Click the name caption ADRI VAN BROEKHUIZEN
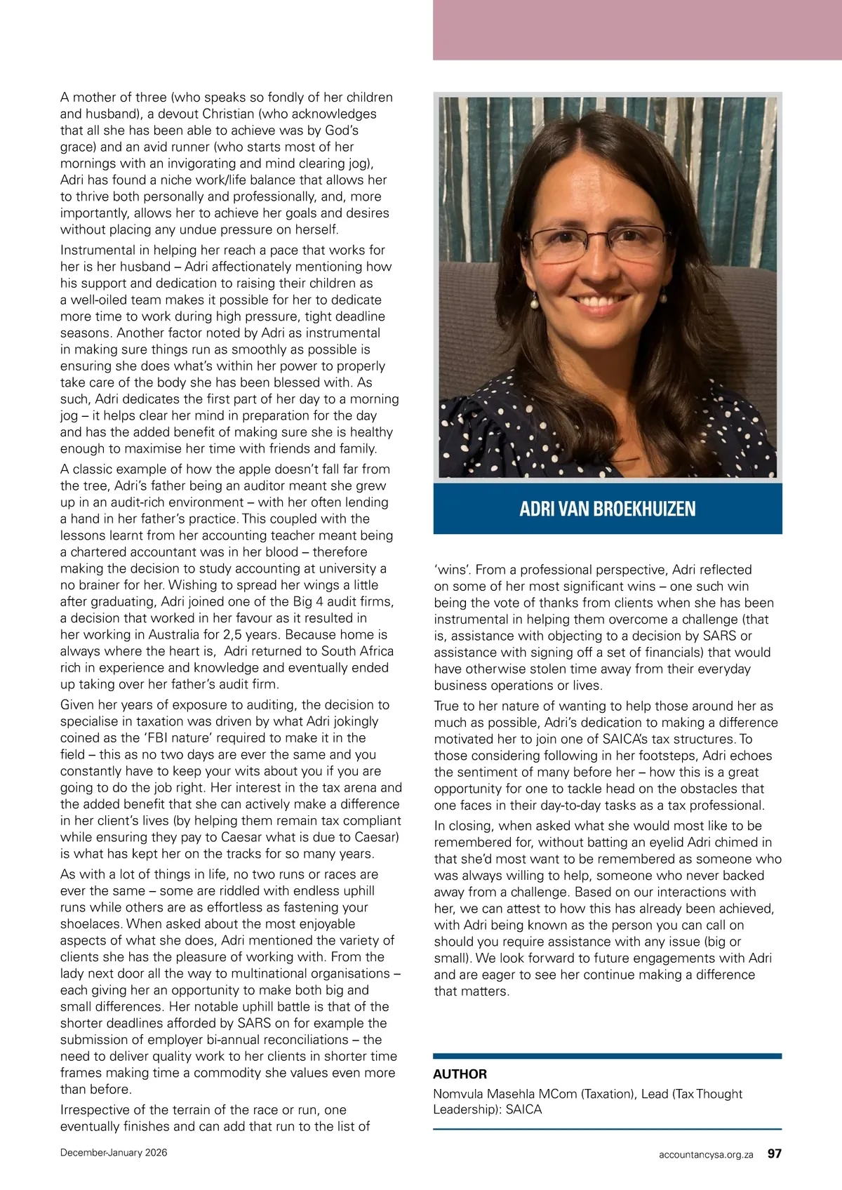pyautogui.click(x=607, y=509)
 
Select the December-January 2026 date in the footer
pyautogui.click(x=114, y=1153)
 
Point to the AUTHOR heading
pyautogui.click(x=460, y=1074)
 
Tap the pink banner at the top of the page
pyautogui.click(x=636, y=29)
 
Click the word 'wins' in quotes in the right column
pyautogui.click(x=452, y=570)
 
